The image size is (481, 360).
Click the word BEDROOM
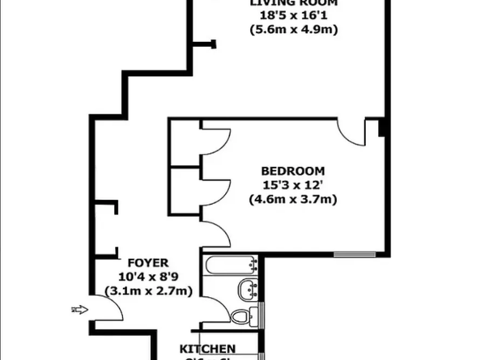(x=292, y=171)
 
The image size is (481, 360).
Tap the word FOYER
(x=147, y=263)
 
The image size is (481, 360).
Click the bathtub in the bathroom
(x=232, y=265)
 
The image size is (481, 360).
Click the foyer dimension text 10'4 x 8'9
(x=147, y=277)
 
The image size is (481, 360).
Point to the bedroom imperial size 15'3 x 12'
(x=292, y=185)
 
